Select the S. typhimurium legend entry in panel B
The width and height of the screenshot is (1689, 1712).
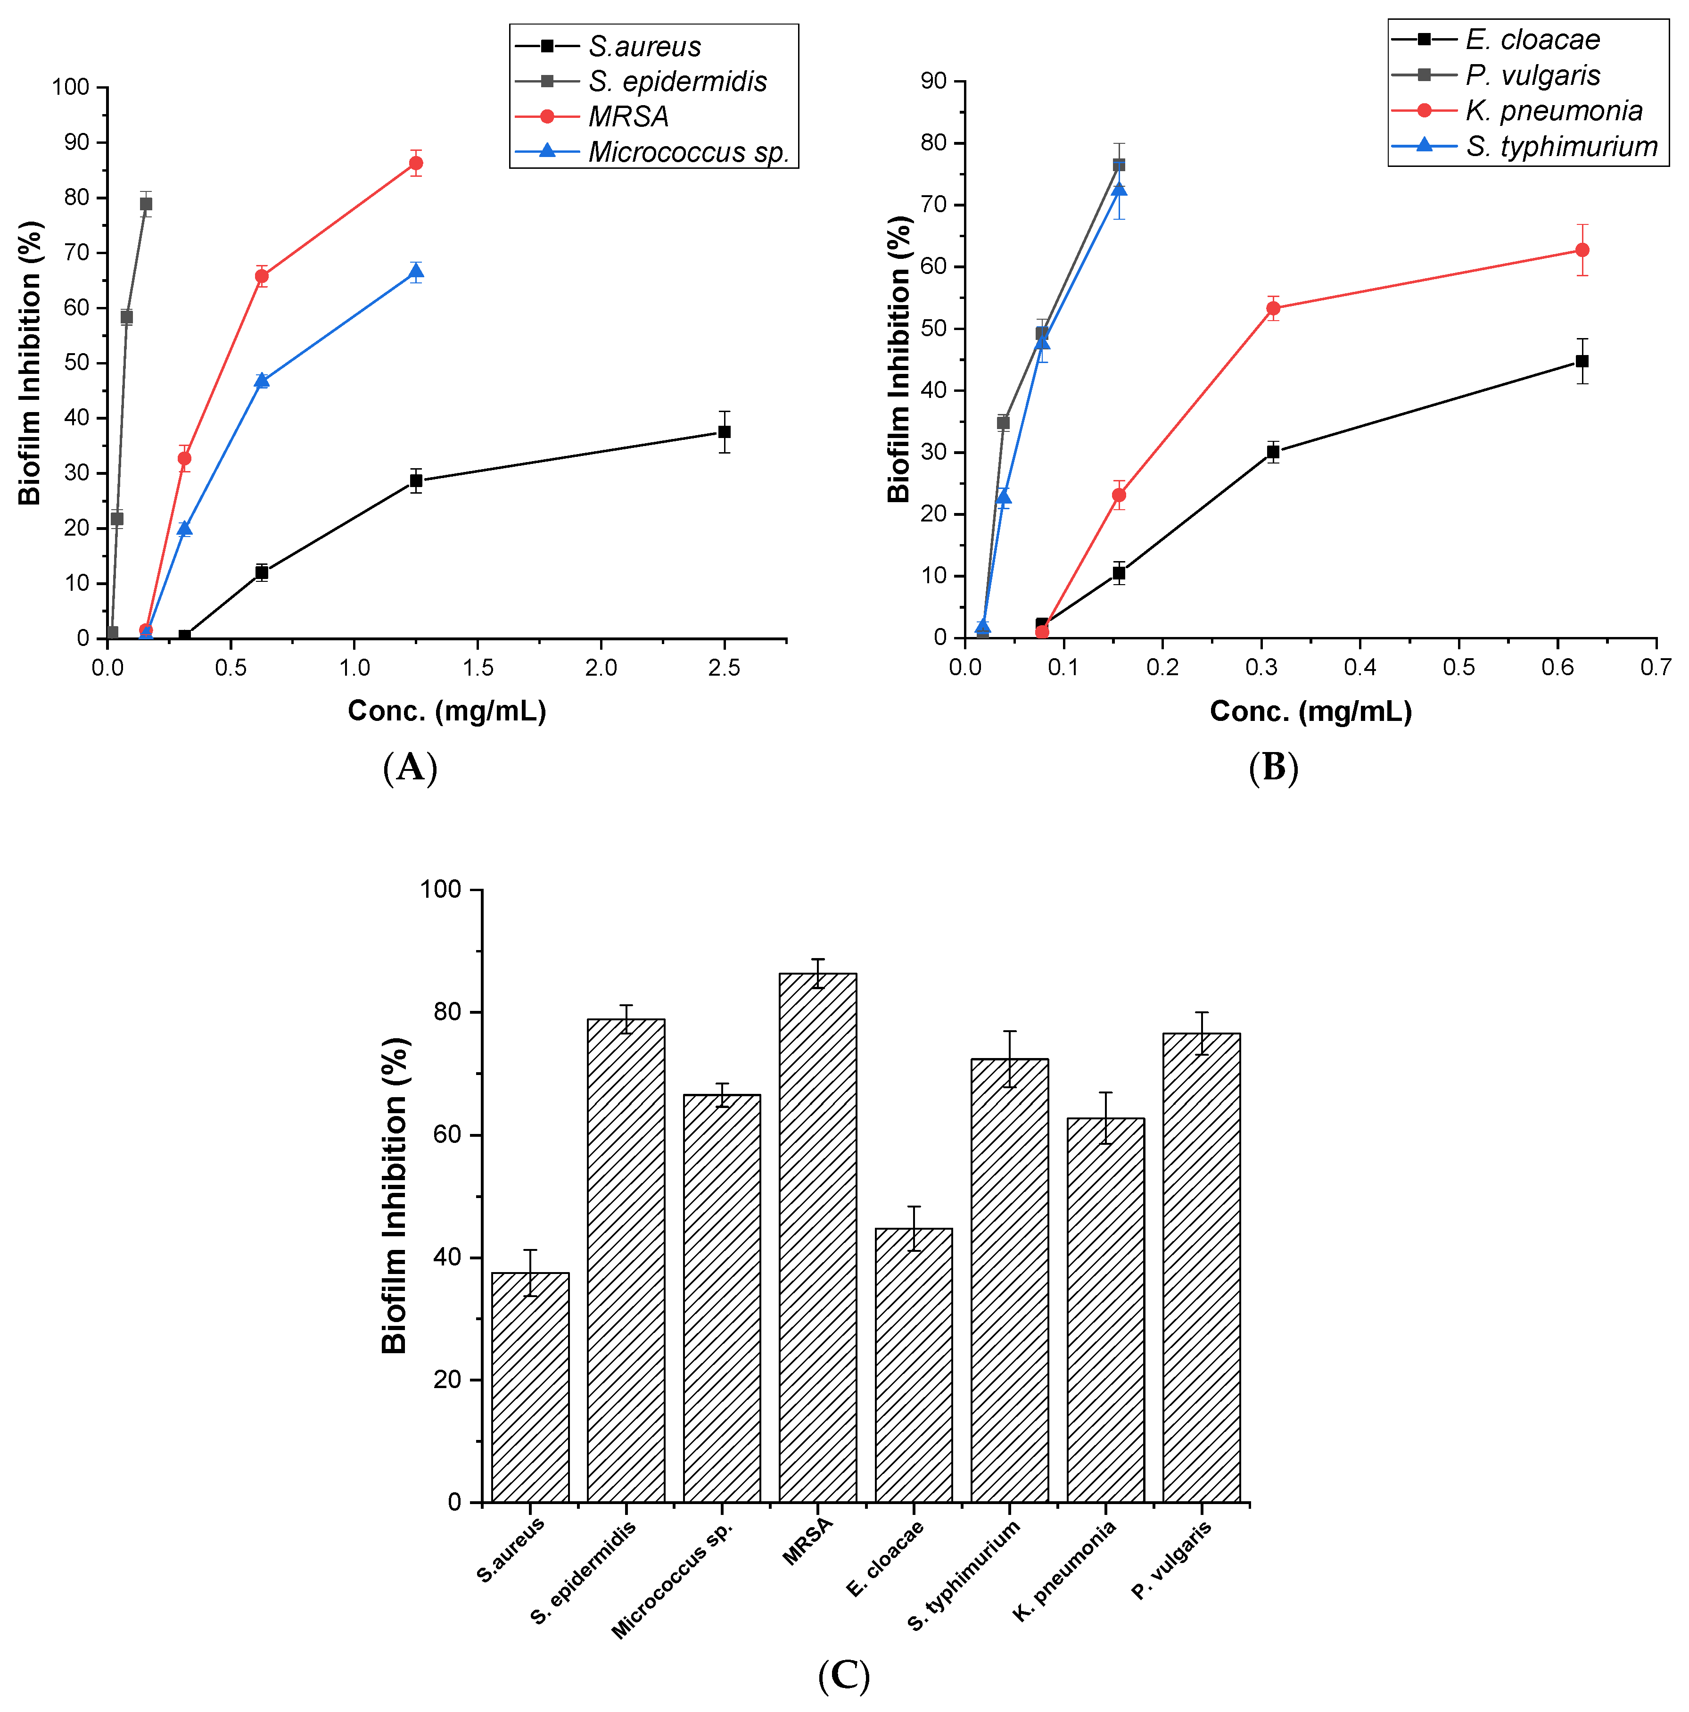[x=1560, y=146]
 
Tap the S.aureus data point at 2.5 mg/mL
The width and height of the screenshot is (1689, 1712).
[x=724, y=431]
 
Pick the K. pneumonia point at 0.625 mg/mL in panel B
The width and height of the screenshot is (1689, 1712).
[x=1582, y=250]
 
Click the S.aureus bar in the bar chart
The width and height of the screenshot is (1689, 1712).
[x=530, y=1387]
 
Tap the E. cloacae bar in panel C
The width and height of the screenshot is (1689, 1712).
[x=914, y=1365]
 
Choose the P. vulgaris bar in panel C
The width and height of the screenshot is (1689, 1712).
[x=1201, y=1267]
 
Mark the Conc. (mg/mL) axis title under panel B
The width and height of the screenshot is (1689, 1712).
[x=1310, y=711]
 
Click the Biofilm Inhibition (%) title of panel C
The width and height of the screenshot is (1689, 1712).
[x=395, y=1196]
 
